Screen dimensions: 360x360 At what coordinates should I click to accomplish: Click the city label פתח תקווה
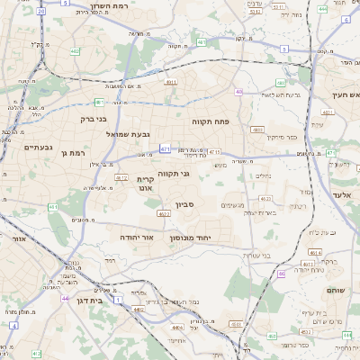tap(212, 120)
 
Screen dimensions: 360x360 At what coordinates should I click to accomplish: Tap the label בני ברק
tap(88, 118)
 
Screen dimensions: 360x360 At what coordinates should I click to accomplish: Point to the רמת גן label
tap(70, 153)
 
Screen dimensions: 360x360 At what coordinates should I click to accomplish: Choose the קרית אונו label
tap(146, 184)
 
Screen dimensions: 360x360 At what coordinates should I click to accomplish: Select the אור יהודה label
tap(138, 237)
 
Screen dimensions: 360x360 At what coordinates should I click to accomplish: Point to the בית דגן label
tap(86, 301)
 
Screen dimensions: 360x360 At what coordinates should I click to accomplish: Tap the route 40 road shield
tap(238, 92)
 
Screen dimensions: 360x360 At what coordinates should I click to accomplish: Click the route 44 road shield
tap(65, 297)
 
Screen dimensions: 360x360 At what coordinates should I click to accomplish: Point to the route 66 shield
tap(282, 274)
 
